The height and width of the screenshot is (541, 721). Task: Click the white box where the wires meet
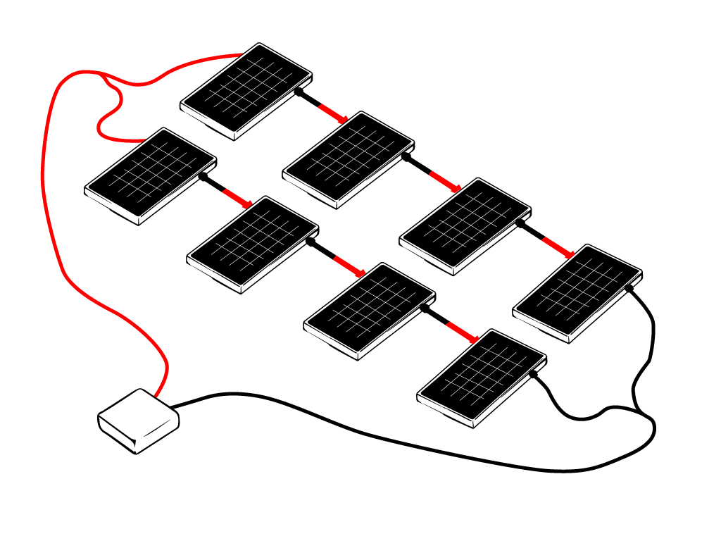pos(137,421)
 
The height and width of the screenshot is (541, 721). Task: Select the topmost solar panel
pos(246,90)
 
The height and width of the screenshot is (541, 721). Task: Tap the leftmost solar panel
pos(150,175)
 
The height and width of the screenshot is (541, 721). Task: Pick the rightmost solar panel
pos(577,292)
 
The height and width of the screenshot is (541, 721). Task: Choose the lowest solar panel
pos(482,377)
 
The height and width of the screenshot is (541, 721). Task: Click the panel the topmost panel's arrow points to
pos(348,159)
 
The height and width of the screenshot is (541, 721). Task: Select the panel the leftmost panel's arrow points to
pos(252,244)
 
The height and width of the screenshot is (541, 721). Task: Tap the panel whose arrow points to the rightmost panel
pos(465,225)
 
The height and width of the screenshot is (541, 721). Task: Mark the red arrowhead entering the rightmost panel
pos(569,254)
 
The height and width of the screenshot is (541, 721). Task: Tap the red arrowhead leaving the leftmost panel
pos(247,204)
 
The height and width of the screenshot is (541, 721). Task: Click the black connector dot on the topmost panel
pos(299,92)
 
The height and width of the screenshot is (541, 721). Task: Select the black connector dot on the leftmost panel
pos(203,177)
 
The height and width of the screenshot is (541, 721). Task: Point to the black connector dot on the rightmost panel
pos(629,287)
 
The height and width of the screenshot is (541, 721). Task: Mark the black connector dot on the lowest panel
pos(533,374)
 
